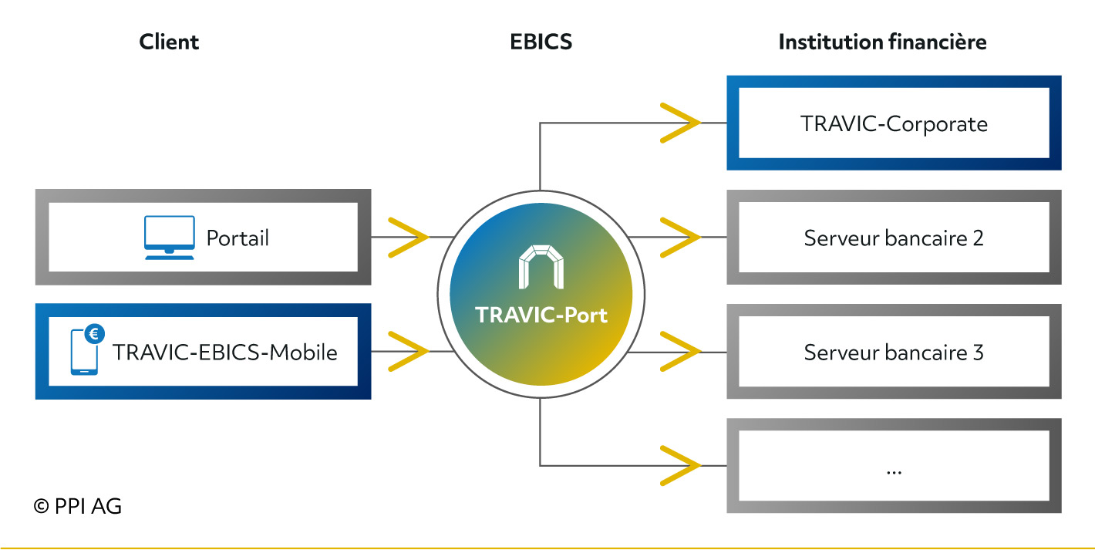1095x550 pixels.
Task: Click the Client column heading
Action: [x=169, y=42]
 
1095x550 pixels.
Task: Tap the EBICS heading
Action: [x=541, y=42]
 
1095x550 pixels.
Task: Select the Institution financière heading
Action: [x=882, y=42]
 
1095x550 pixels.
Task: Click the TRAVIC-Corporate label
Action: [x=894, y=123]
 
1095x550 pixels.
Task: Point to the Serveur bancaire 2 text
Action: [x=894, y=238]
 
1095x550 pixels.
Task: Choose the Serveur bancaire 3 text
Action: [x=894, y=353]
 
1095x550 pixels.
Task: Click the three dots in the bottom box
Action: [x=894, y=473]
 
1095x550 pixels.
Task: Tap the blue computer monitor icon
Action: [x=169, y=238]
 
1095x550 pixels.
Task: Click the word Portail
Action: [x=238, y=238]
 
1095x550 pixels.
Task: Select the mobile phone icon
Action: [x=84, y=352]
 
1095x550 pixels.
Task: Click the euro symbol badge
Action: [x=94, y=334]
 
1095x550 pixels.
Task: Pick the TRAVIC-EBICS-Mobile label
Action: [x=225, y=353]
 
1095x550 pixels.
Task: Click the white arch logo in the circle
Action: [x=541, y=267]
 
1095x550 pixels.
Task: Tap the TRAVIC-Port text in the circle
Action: [x=541, y=315]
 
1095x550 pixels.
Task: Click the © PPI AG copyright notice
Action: [x=77, y=507]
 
